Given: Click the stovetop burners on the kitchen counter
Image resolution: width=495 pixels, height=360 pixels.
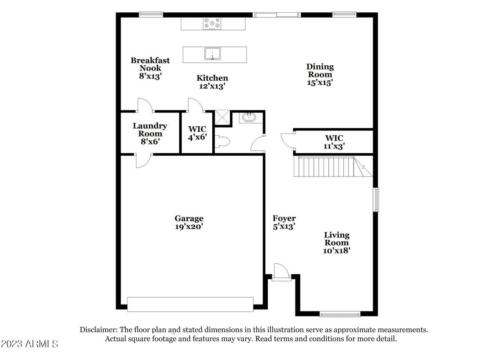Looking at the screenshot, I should (x=211, y=23).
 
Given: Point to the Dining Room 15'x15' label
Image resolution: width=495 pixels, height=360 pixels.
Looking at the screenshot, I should (x=320, y=75).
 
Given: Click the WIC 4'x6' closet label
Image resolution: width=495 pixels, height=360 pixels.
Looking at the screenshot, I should (x=197, y=133).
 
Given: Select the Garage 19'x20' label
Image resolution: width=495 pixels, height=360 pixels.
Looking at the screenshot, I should (x=189, y=223).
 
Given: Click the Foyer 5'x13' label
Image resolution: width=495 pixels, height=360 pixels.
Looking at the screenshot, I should (x=284, y=223).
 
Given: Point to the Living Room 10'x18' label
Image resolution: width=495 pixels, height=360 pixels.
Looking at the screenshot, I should (x=336, y=243).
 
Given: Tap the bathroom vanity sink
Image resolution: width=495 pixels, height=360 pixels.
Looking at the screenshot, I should (x=248, y=117).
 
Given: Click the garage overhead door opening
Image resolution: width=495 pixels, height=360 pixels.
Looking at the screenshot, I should (x=190, y=304).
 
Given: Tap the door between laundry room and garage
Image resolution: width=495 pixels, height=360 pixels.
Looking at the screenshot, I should (x=143, y=161).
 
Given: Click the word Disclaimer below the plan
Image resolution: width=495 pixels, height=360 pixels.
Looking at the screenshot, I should (x=98, y=330).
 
